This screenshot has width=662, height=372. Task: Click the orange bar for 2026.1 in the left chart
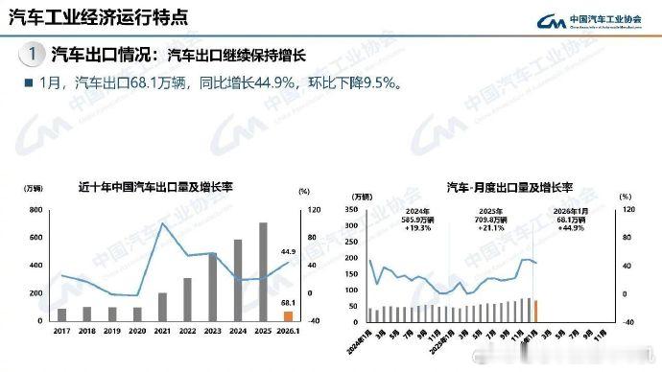[x=288, y=314]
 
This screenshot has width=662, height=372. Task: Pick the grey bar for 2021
[x=162, y=307]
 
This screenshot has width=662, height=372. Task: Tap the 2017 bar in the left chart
[x=62, y=314]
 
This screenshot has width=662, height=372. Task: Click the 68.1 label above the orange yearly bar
[x=287, y=302]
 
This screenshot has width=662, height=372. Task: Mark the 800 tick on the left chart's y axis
[x=36, y=209]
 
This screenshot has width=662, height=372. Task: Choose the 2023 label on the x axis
[x=212, y=331]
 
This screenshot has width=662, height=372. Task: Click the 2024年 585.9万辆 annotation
[x=418, y=221]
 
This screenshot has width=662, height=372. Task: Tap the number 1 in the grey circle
[x=33, y=53]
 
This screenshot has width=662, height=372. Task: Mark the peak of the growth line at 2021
[x=162, y=224]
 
